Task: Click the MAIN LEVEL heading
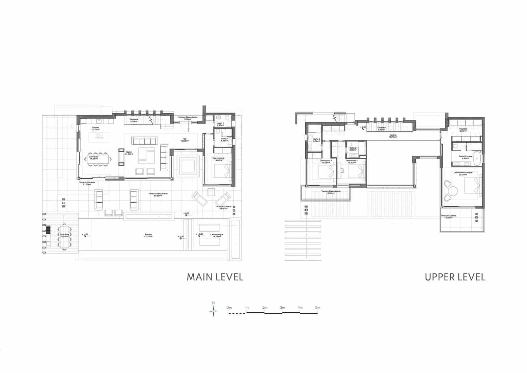pos(215,277)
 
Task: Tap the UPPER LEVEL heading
pos(455,277)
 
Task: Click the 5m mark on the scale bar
pos(317,307)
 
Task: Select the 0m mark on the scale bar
pos(229,307)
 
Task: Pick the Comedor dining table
pos(98,160)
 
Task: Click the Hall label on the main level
pos(184,139)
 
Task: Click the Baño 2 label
pos(353,149)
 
